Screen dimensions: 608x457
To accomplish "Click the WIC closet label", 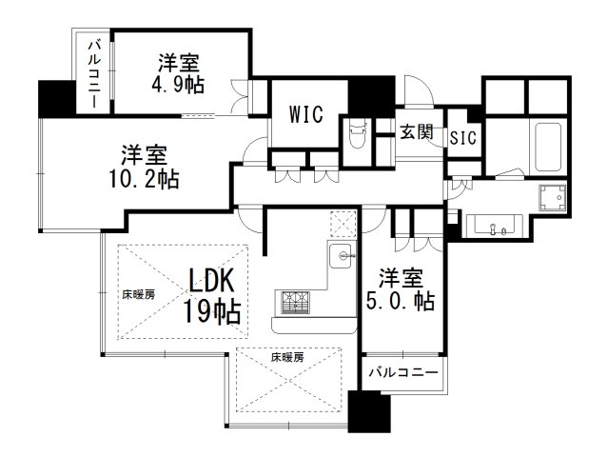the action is tap(306, 114).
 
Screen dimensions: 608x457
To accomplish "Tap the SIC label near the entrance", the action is tap(463, 137).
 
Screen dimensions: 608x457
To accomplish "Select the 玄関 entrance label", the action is tap(417, 132).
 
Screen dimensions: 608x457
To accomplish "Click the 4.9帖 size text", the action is tap(178, 84).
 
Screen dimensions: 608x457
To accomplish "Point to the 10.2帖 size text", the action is tap(145, 179).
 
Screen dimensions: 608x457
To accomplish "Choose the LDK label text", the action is tap(212, 281).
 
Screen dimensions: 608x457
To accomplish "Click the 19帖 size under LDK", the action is tap(212, 311).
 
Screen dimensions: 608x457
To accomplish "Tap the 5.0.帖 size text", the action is tap(401, 301).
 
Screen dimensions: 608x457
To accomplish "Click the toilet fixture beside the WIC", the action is tap(357, 135).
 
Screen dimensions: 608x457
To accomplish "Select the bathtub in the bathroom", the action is tap(548, 147).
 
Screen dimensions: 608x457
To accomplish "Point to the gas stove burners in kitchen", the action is tap(296, 302).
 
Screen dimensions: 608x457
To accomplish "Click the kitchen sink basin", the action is tap(342, 256).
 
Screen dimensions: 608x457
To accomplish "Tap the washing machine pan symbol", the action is tap(552, 197).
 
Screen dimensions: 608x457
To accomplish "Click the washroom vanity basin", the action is tap(495, 227).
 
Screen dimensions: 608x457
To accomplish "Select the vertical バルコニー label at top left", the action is tap(93, 74).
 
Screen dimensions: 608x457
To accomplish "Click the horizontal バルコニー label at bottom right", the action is tap(403, 373).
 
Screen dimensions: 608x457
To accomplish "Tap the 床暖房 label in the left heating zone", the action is tap(138, 295).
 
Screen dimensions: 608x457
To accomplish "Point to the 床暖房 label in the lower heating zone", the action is tap(287, 357).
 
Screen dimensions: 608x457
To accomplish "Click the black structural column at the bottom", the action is tap(368, 411).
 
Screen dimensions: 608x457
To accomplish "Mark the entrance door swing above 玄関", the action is tap(419, 90).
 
